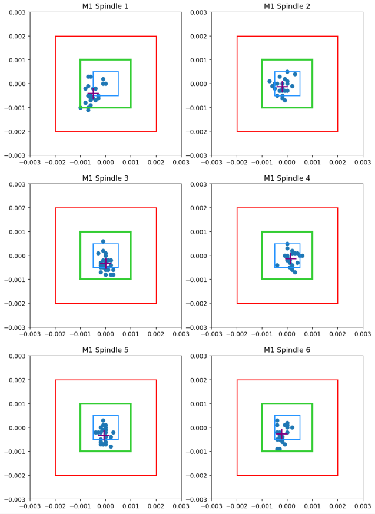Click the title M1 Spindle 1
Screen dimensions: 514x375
tap(105, 6)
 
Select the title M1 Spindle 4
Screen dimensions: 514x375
tap(287, 178)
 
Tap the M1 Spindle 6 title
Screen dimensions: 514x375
tap(287, 350)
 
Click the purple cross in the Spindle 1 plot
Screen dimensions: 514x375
tap(92, 94)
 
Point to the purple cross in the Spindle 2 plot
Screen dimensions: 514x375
tap(283, 87)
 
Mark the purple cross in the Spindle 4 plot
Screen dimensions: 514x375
tap(290, 258)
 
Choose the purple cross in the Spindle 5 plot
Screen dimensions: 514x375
tap(104, 435)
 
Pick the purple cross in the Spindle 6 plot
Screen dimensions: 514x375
tap(281, 433)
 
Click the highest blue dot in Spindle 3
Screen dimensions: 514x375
tap(103, 241)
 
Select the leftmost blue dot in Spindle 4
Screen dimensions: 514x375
tap(277, 266)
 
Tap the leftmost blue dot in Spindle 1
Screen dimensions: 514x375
tap(81, 108)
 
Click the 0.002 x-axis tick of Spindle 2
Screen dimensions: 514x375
tap(337, 163)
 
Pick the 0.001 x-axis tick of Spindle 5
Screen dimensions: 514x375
tap(131, 507)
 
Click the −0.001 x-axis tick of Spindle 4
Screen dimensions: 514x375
tap(261, 335)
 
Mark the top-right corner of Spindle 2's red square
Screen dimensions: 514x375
tap(337, 37)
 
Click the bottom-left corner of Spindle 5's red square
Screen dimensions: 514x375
tap(55, 475)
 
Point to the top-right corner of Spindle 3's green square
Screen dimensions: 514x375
tap(131, 232)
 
